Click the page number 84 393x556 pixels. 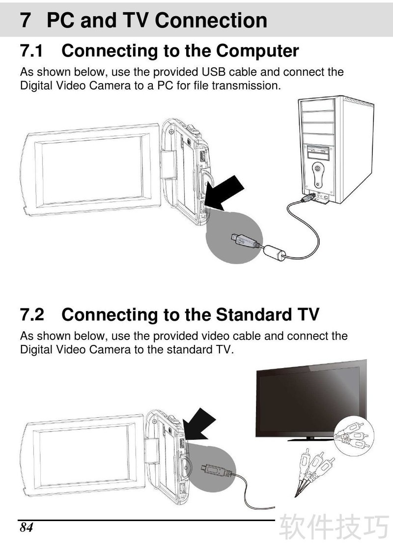click(x=26, y=527)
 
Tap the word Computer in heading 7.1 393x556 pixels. click(x=257, y=51)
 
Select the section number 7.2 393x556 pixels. click(x=32, y=314)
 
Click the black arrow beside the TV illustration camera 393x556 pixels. click(x=198, y=425)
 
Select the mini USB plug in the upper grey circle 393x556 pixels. click(x=244, y=241)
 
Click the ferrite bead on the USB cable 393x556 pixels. click(x=275, y=252)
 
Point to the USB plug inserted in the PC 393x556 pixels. click(x=308, y=197)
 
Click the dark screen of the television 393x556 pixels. click(x=310, y=400)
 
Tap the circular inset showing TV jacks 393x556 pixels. click(x=354, y=436)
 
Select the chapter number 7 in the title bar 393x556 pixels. click(x=25, y=20)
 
